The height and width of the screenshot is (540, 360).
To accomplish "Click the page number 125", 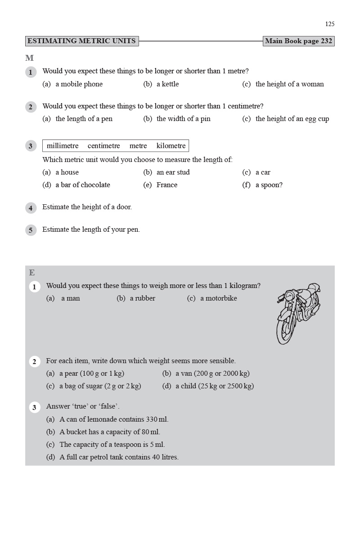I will coord(330,24).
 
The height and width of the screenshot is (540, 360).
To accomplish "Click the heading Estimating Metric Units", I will coord(81,41).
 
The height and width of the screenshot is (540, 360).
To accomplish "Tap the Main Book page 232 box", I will coord(298,41).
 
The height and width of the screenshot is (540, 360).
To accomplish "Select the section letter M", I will coord(29,58).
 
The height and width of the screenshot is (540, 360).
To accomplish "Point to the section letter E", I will coord(32,273).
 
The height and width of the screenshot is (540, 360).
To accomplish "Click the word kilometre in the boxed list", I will coord(171,146).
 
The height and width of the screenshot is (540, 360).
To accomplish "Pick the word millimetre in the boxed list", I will coord(63,146).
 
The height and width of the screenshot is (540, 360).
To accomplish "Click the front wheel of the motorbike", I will coord(285,331).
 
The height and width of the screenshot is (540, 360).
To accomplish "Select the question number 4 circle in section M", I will coord(31,208).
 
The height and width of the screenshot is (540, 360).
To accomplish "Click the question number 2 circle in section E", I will coord(35,362).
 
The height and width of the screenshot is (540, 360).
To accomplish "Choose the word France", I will coord(167,185).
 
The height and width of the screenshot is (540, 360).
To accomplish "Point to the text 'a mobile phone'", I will coord(79,84).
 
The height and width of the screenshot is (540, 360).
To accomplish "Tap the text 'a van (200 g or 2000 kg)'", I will coord(212,373).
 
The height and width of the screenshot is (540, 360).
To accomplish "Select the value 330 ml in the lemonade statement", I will coord(157,419).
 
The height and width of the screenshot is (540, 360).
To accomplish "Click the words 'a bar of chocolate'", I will coord(83,185).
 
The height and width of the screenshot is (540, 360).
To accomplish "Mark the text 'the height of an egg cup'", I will coord(292,119).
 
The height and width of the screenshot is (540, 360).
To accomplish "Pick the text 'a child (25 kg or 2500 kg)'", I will coord(215,386).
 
